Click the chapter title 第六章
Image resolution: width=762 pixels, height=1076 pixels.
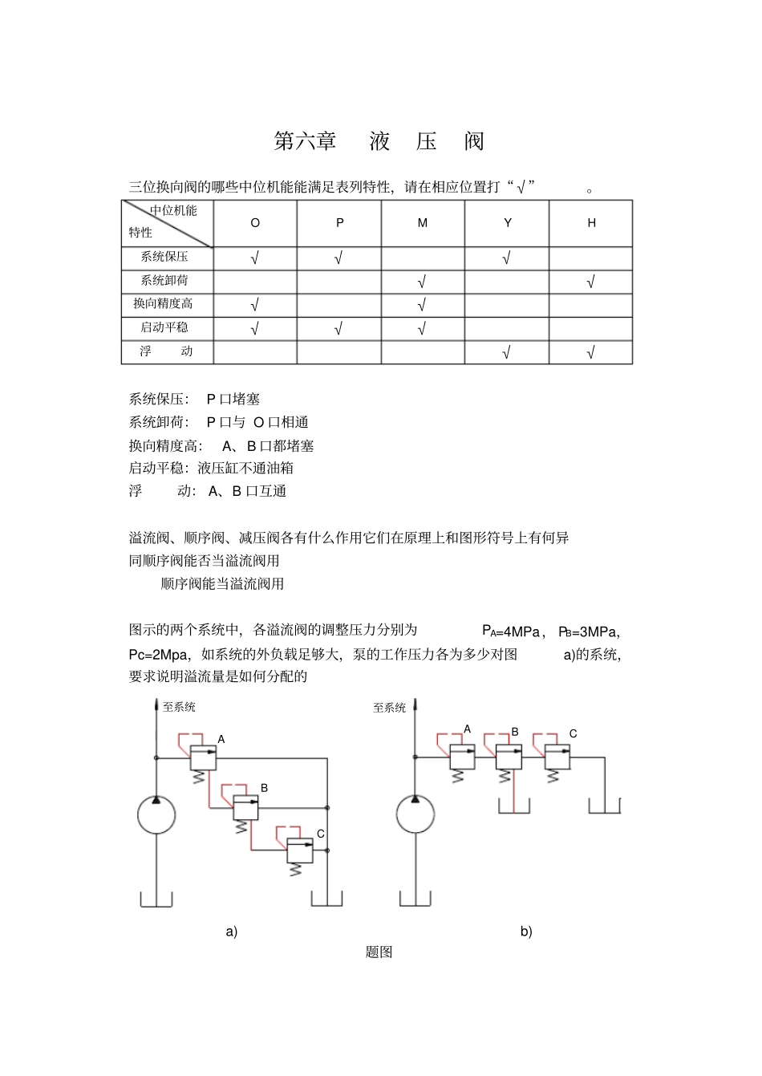tap(305, 141)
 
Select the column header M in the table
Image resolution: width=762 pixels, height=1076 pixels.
tap(423, 223)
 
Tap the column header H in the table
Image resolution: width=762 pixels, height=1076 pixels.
tap(591, 223)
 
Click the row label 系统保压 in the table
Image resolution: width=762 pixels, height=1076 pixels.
tap(164, 257)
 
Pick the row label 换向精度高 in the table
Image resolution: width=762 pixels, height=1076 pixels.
tap(163, 304)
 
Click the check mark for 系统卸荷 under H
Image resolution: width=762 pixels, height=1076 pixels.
tap(591, 282)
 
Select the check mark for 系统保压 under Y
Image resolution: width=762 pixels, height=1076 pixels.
tap(507, 258)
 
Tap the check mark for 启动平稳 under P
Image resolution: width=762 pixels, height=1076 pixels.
tap(338, 328)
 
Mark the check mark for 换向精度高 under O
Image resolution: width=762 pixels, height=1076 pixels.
tap(254, 305)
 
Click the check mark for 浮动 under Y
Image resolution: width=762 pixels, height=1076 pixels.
tap(507, 352)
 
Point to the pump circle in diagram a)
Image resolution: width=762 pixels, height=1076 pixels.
tap(156, 816)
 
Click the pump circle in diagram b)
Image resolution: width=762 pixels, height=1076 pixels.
tap(415, 816)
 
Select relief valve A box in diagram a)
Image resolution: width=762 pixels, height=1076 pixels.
tap(203, 757)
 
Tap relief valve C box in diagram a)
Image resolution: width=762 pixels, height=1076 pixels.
tap(300, 851)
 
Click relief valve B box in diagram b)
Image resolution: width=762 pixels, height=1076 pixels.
tap(508, 757)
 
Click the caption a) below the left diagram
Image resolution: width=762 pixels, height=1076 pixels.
tap(232, 932)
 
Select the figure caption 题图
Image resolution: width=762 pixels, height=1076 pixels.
tap(379, 952)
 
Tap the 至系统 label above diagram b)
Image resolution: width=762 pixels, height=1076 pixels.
tap(390, 708)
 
